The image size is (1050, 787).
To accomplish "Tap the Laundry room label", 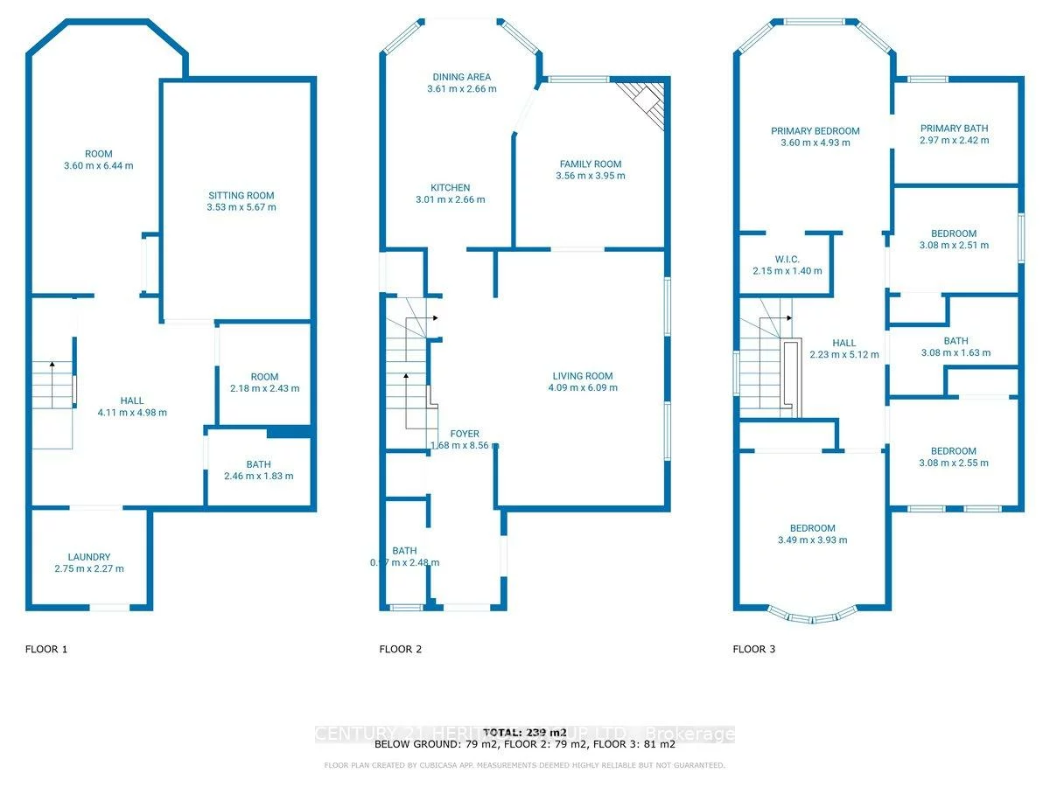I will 89,557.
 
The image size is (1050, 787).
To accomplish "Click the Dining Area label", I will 460,77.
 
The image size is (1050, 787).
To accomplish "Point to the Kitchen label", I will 450,188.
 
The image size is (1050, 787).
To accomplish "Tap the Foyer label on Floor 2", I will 465,434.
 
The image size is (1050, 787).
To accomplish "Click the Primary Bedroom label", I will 815,131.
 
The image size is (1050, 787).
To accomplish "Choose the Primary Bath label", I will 954,129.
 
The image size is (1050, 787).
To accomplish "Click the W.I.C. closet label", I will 787,259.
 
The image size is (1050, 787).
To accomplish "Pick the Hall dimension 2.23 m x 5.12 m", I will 843,354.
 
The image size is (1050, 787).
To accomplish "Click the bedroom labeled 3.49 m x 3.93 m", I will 812,528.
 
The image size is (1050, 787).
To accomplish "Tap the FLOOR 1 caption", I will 46,649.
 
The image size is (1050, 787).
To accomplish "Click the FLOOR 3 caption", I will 753,649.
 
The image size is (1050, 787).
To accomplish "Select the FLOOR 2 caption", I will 400,649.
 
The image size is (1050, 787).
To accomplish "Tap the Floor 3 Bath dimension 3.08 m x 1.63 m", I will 955,353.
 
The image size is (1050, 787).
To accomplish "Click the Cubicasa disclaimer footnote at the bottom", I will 524,766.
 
